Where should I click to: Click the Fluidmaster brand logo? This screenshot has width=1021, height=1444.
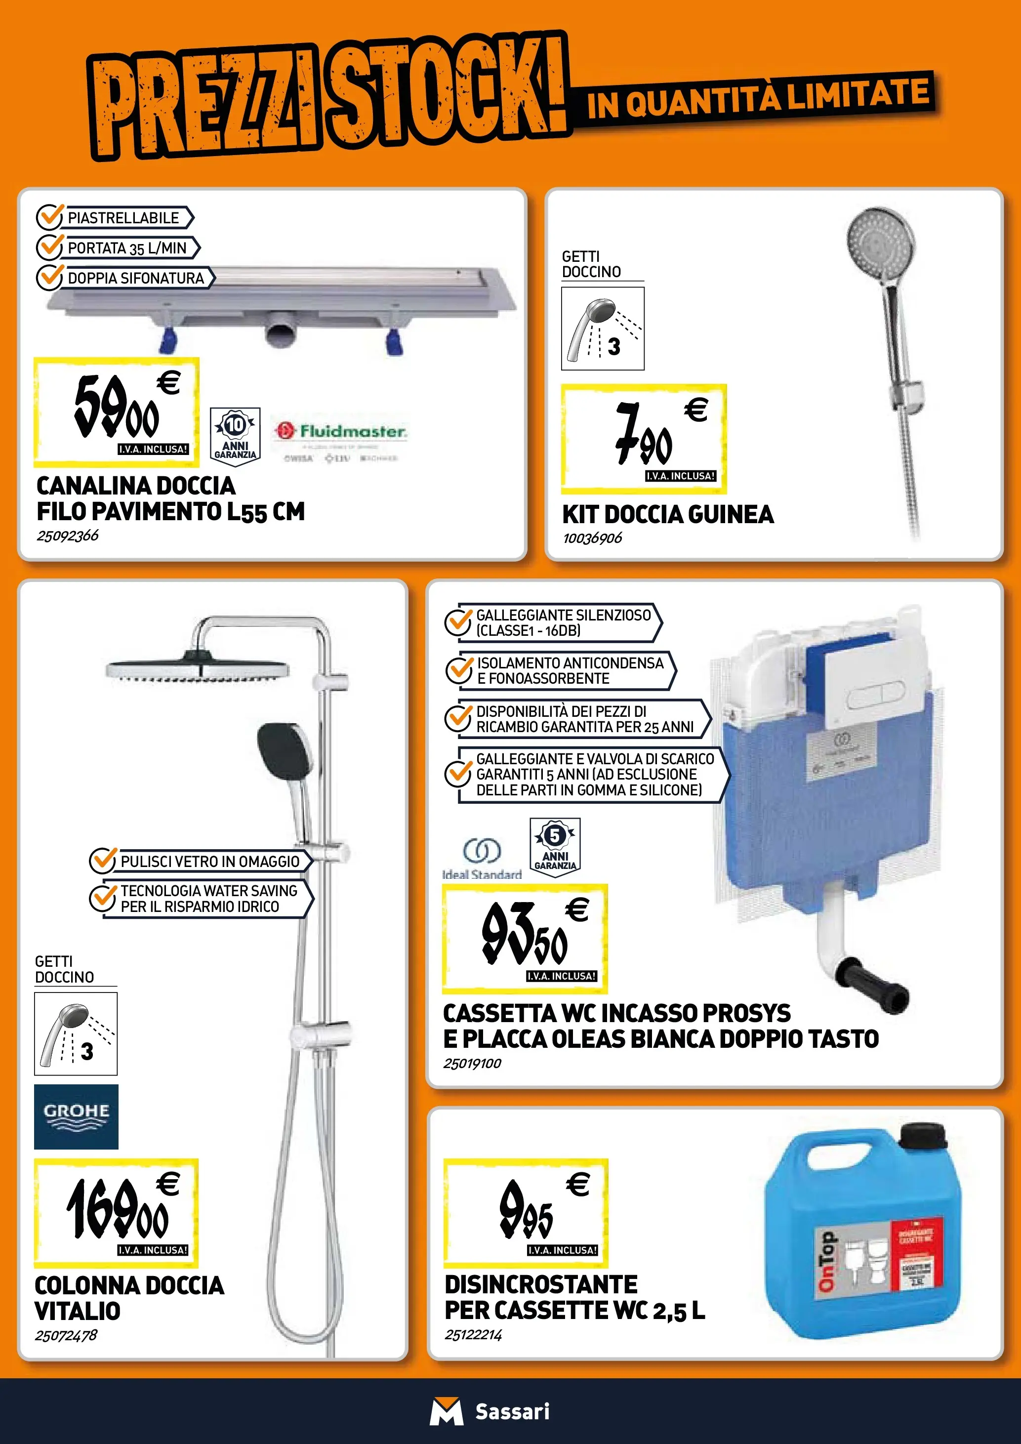(x=340, y=431)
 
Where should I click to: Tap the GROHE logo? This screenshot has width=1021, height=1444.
(x=76, y=1116)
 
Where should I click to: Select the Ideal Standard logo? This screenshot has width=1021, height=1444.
(x=482, y=859)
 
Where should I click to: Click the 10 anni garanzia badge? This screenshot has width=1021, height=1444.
(x=235, y=437)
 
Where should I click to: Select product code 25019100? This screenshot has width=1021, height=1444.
(x=472, y=1064)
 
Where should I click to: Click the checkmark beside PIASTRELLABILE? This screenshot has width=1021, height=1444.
(x=49, y=217)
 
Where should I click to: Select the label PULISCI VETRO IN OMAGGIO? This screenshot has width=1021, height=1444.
(x=210, y=861)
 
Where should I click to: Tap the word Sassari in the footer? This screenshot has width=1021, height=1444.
(x=512, y=1411)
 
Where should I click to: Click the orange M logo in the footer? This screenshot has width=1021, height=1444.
(x=446, y=1411)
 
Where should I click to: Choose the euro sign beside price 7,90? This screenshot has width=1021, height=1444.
(x=696, y=410)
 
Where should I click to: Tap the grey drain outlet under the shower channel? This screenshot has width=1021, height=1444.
(x=280, y=330)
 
